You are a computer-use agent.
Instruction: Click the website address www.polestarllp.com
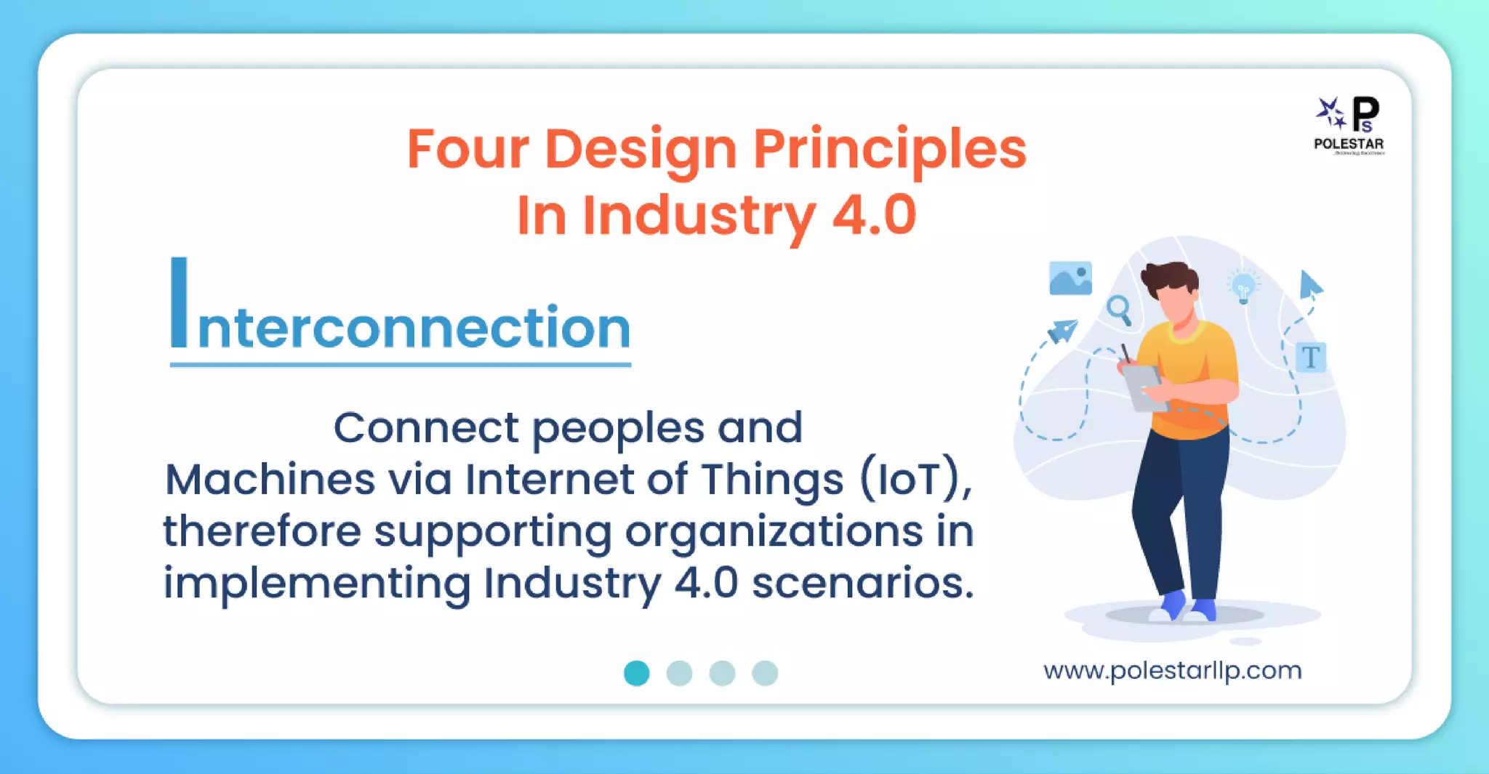(x=1172, y=670)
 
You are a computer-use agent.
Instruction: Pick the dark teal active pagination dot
(x=636, y=673)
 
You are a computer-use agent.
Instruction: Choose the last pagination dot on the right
(x=765, y=673)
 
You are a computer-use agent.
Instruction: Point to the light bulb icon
(x=1243, y=286)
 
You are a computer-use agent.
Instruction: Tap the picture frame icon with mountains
(x=1070, y=278)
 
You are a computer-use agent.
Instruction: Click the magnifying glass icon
(x=1119, y=310)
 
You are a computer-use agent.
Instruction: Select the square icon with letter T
(x=1310, y=358)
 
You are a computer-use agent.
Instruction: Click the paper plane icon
(x=1062, y=331)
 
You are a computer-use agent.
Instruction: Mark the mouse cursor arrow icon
(x=1310, y=285)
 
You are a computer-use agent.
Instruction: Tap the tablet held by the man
(x=1141, y=387)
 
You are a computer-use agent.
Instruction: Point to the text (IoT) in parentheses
(x=915, y=480)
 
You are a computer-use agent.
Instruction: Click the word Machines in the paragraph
(x=270, y=480)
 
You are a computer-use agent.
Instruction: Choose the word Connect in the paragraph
(x=426, y=427)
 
